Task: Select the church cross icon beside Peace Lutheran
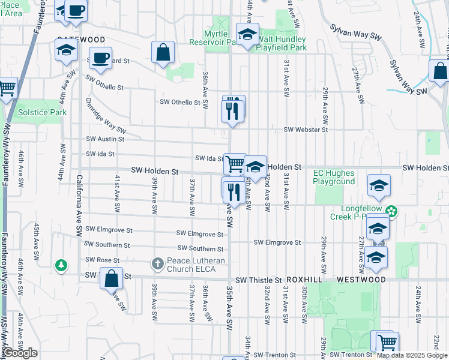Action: [157, 263]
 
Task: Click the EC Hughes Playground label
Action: [334, 177]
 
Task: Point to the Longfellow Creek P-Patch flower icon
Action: [391, 211]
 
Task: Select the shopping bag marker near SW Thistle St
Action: [111, 278]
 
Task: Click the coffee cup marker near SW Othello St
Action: [100, 58]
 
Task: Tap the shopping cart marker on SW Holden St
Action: [235, 163]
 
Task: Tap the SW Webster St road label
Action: [306, 130]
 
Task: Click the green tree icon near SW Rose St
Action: [61, 265]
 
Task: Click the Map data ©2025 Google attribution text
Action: [412, 355]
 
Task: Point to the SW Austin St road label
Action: [105, 139]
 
